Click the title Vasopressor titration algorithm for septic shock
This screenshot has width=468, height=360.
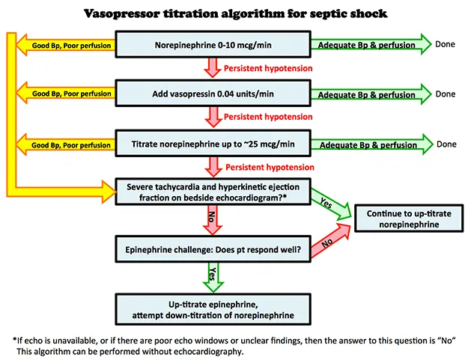tap(234, 13)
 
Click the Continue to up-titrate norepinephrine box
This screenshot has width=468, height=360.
tap(408, 219)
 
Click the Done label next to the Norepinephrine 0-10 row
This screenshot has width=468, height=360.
tap(446, 44)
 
